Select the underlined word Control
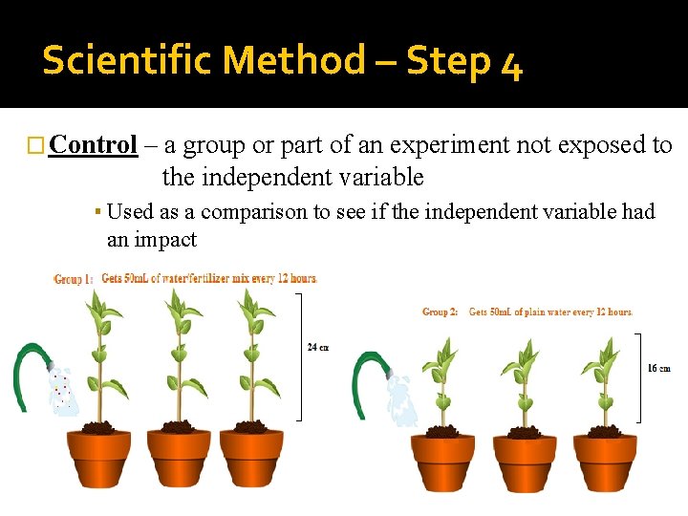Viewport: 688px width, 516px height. [94, 145]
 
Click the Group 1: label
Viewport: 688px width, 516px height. [74, 279]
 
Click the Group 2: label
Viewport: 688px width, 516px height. [441, 312]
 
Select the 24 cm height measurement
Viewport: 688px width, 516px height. [318, 347]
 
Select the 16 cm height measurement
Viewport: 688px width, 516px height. [658, 368]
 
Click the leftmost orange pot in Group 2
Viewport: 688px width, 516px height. [441, 462]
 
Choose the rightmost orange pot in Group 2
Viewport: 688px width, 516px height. [605, 462]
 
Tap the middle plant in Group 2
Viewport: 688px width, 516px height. [523, 382]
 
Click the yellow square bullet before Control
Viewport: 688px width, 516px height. [36, 146]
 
